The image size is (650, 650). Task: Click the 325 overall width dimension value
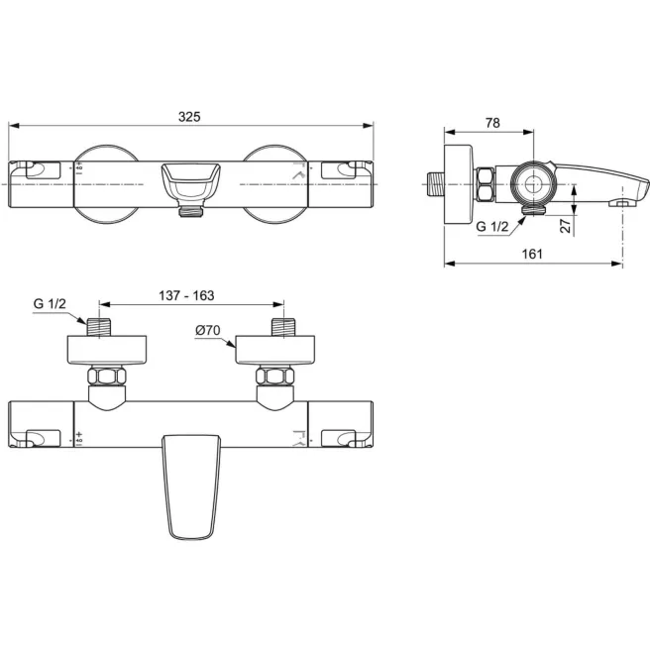click(x=189, y=116)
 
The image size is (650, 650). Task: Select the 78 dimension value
click(x=492, y=123)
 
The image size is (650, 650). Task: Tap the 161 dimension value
click(x=532, y=254)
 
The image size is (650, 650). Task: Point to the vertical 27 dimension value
click(x=564, y=225)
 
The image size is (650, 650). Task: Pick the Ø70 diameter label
click(x=206, y=330)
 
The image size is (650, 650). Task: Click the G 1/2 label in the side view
click(x=491, y=227)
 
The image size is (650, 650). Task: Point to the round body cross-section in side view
click(x=535, y=183)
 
